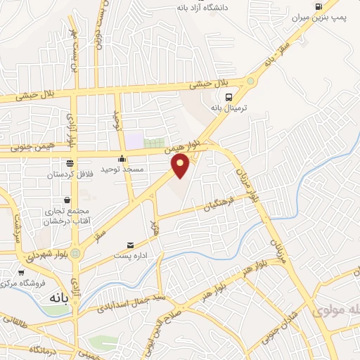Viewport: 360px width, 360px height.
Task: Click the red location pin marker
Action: point(181,165)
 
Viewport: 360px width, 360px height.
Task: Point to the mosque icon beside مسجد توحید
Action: point(122,159)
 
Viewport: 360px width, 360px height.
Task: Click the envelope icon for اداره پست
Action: point(130,245)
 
